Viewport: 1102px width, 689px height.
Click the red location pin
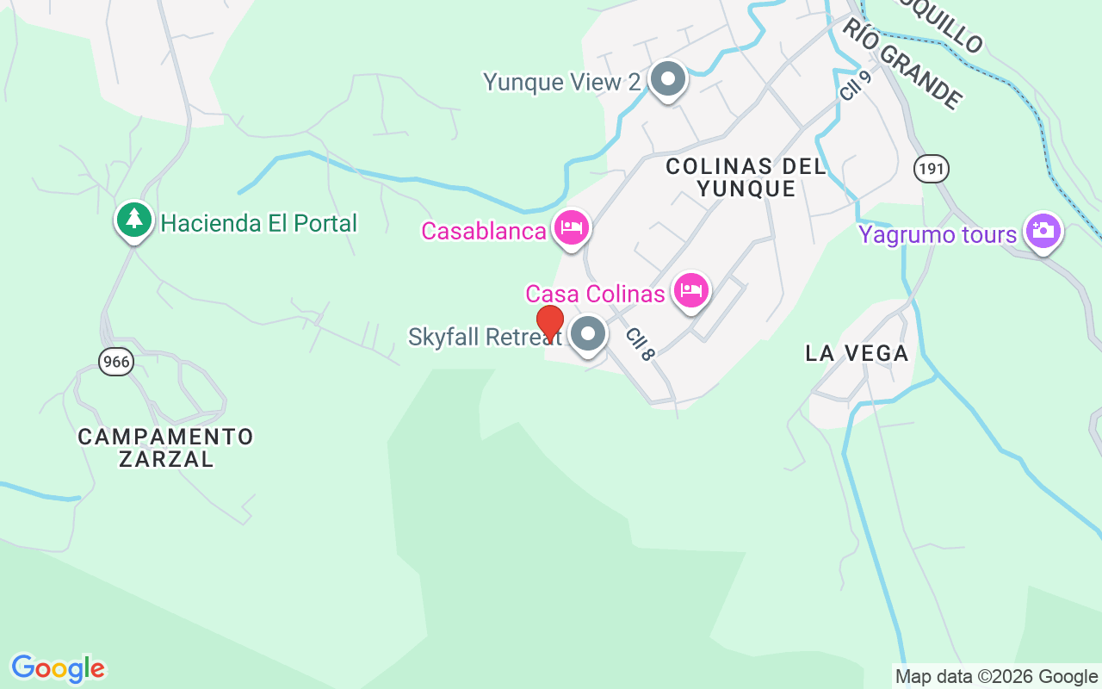(x=550, y=323)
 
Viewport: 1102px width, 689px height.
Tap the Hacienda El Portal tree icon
(x=133, y=220)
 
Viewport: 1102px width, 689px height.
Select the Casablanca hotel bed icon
(x=573, y=227)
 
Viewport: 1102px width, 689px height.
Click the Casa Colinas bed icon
(x=691, y=290)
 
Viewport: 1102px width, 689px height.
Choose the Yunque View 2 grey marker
(x=666, y=79)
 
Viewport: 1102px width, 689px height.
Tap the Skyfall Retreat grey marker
(x=589, y=334)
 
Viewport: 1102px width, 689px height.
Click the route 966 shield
(x=115, y=362)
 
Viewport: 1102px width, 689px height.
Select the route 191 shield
(x=932, y=169)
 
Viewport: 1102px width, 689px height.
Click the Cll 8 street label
(x=641, y=344)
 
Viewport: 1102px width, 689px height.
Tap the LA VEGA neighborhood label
(x=857, y=353)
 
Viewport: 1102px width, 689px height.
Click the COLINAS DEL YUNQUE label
(x=746, y=177)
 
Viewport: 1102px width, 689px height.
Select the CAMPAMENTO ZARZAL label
(x=165, y=448)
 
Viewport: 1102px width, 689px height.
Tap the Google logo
(x=58, y=668)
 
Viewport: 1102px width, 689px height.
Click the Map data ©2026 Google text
(x=996, y=677)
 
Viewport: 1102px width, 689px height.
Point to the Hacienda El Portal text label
(x=258, y=223)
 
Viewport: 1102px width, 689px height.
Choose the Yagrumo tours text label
(x=938, y=234)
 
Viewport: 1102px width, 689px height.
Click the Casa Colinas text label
(x=596, y=294)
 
